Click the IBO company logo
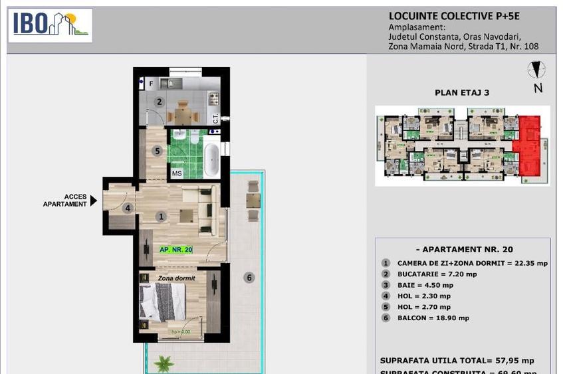[51, 25]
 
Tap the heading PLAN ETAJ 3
[461, 93]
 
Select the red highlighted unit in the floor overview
[530, 145]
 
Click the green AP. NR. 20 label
[176, 250]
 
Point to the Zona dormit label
[176, 278]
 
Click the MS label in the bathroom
[177, 173]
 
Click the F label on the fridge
[151, 84]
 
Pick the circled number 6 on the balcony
[249, 278]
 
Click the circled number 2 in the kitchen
[160, 102]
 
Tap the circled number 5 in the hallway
[157, 151]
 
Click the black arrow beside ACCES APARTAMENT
[94, 200]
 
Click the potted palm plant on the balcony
[163, 363]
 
